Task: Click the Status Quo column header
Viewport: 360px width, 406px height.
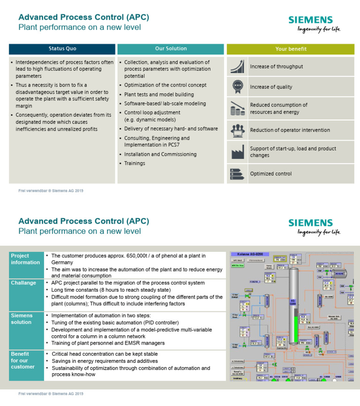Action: [x=62, y=49]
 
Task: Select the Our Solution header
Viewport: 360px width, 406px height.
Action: [x=171, y=49]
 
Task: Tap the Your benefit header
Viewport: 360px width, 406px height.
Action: [x=291, y=49]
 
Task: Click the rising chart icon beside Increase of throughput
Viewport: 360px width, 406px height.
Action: [x=237, y=66]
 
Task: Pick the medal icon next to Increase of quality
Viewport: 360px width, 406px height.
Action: [x=237, y=86]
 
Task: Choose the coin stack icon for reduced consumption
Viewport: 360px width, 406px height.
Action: [x=237, y=108]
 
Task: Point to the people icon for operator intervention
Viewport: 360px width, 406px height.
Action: [x=237, y=130]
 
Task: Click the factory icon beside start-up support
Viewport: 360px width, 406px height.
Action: [x=237, y=151]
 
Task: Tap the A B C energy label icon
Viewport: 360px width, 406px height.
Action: [x=236, y=173]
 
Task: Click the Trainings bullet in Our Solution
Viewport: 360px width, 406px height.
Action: [x=135, y=164]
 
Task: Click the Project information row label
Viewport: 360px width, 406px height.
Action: [x=25, y=259]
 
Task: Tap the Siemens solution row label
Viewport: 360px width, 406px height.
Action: [x=22, y=319]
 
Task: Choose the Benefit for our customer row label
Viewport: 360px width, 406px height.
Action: [x=23, y=360]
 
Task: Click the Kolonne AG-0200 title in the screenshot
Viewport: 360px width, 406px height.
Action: [x=254, y=254]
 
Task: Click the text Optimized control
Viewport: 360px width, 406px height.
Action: [x=270, y=173]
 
